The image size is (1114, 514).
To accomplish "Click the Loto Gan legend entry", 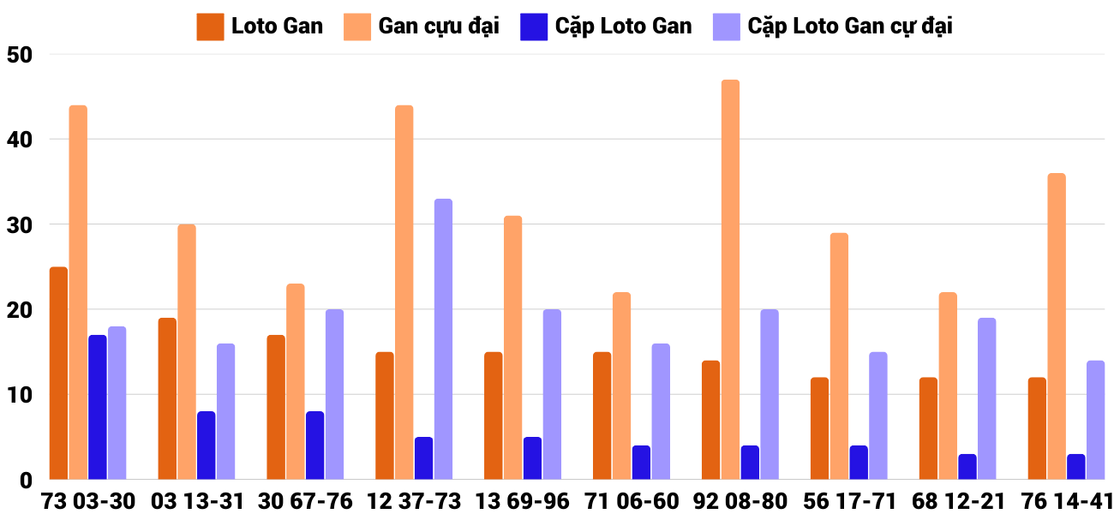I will point(261,27).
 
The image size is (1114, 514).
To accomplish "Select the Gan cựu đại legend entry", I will point(422,27).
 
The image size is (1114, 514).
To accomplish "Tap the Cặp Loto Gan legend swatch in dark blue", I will point(533,27).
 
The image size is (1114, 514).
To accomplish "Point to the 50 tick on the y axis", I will point(19,55).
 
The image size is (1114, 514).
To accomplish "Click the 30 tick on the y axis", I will point(19,224).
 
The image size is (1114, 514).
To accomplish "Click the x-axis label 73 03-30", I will point(88,501).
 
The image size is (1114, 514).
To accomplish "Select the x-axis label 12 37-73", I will point(414,501).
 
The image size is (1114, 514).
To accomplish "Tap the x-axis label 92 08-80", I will point(740,501).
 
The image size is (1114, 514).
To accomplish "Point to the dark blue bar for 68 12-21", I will point(967,467).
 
